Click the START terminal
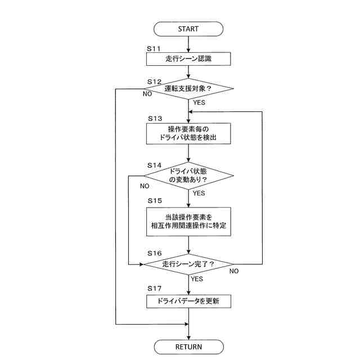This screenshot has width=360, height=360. point(188,28)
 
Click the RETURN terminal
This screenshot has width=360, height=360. point(188,346)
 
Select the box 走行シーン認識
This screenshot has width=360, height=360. point(188,58)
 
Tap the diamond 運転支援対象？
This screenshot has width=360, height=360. point(188,89)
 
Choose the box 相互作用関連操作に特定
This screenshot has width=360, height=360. point(188,221)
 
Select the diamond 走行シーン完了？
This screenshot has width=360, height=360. point(188,264)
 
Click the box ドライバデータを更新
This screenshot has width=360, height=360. point(188,301)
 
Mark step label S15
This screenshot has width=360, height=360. point(155,200)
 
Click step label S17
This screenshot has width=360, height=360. point(155,288)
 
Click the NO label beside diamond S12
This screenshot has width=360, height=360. point(147,94)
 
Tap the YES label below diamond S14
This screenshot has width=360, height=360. point(199,193)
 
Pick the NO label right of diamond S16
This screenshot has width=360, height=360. point(235,271)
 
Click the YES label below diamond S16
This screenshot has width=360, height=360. point(197,278)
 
